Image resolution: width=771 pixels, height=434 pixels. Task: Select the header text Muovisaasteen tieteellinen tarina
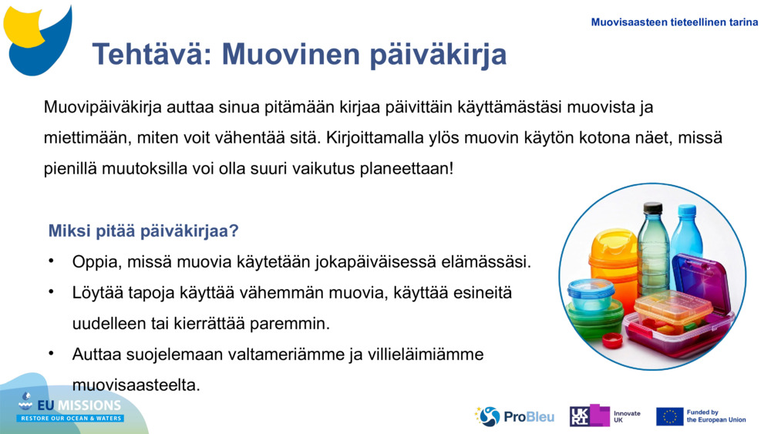(674, 22)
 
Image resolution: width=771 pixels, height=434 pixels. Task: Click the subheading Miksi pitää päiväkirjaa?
(143, 230)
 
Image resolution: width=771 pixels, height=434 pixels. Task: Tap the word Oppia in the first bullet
(93, 261)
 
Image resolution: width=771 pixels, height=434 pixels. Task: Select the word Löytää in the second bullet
(96, 293)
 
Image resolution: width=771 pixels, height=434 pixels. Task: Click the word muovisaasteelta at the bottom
(136, 384)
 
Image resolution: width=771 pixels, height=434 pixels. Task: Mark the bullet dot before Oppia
(52, 261)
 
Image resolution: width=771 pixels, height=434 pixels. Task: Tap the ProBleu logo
(514, 416)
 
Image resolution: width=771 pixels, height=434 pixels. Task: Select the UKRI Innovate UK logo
(604, 416)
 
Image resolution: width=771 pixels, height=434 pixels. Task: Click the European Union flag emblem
(669, 416)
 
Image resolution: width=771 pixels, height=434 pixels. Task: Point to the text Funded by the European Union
(715, 416)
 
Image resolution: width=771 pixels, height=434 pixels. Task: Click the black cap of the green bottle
(653, 207)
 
